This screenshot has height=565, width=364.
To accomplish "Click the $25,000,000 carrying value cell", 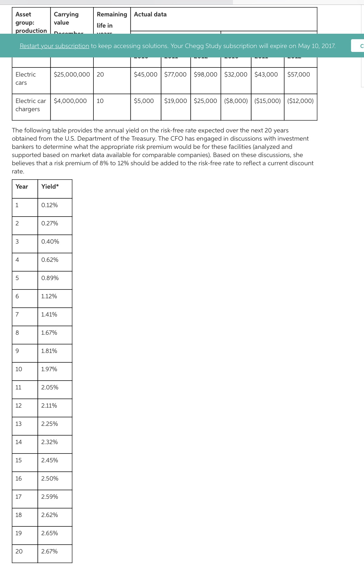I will click(x=72, y=74).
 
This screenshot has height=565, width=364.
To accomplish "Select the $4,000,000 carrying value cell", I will click(x=70, y=101).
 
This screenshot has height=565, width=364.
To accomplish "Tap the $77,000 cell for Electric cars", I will click(x=175, y=74).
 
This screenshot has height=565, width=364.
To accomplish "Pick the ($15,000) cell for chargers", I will click(x=267, y=101).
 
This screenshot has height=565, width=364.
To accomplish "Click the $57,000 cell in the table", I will click(x=298, y=74).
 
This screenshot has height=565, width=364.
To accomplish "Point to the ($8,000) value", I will click(x=236, y=101).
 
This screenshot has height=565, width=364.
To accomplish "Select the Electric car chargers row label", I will click(x=31, y=105).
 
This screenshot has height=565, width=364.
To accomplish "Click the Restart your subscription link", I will click(x=54, y=46).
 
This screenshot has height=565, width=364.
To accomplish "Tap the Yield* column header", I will click(x=50, y=187).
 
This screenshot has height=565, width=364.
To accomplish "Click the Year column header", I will click(x=22, y=187).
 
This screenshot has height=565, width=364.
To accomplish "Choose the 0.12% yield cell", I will click(x=49, y=205).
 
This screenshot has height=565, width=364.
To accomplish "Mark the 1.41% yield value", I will click(x=49, y=314).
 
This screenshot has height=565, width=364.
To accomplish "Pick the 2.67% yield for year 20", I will click(x=49, y=551).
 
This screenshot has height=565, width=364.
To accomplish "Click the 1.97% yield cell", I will click(x=49, y=369).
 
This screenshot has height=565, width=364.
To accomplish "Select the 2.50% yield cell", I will click(x=50, y=478).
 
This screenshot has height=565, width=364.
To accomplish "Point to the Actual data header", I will click(x=150, y=14).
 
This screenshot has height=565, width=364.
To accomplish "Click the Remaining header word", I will click(x=112, y=14).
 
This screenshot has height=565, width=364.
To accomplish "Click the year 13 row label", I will click(x=19, y=424).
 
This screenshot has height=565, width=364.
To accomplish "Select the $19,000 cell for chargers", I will click(x=175, y=101).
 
